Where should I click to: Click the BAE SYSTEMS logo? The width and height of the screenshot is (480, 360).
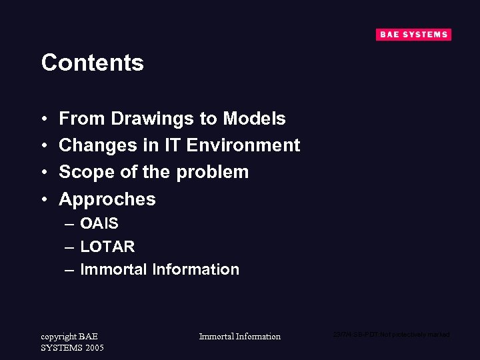[413, 35]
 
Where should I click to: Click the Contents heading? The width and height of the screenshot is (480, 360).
[92, 63]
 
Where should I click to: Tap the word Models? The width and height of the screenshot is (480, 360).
[254, 119]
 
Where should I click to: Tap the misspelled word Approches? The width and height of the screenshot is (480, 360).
[107, 199]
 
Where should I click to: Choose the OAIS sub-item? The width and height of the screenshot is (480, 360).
[99, 223]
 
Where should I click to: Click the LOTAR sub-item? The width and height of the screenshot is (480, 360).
[107, 247]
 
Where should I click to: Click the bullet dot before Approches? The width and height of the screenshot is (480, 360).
[44, 199]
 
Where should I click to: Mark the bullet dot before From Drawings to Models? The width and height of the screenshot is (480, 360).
[44, 119]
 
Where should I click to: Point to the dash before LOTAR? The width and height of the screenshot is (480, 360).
[69, 247]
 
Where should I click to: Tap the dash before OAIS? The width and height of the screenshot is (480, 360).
[69, 223]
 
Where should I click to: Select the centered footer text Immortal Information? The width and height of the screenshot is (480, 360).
[239, 337]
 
